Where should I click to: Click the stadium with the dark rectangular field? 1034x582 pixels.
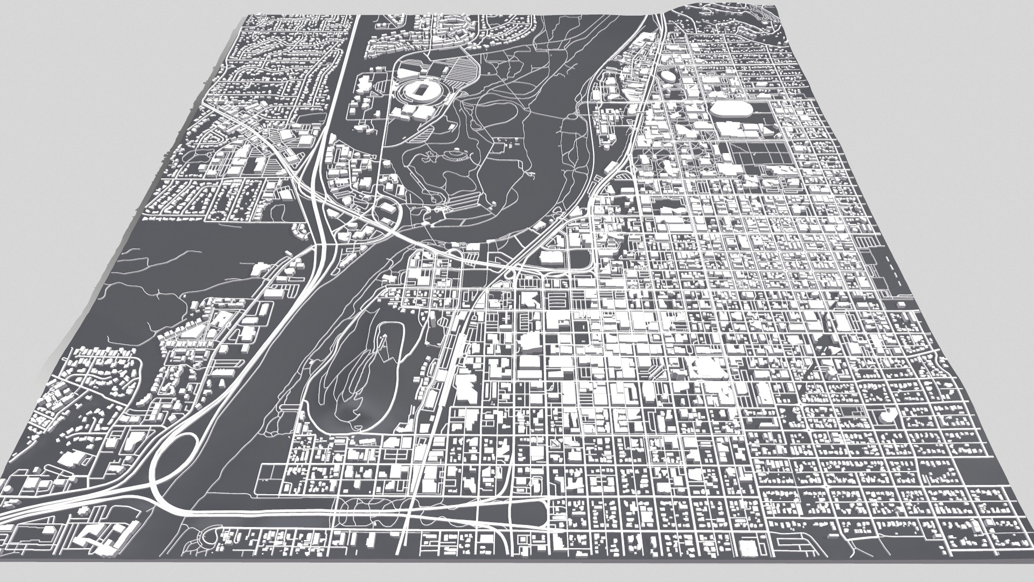(416, 90)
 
